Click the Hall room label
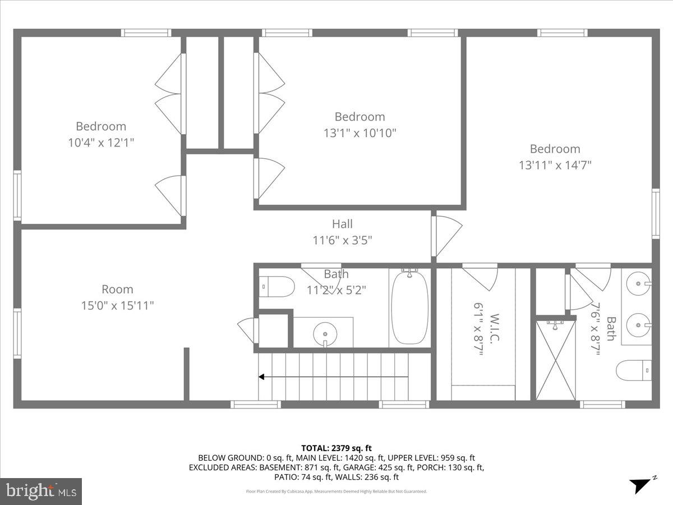click(342, 224)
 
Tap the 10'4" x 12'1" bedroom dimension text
click(101, 143)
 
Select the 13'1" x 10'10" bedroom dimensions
click(360, 133)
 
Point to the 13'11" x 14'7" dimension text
click(555, 165)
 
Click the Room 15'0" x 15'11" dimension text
click(117, 306)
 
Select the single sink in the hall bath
click(324, 334)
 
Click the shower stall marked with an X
click(555, 359)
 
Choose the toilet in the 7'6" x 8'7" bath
click(634, 370)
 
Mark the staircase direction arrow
click(333, 378)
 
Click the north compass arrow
click(639, 485)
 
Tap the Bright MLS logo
click(41, 491)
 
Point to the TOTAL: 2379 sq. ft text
click(336, 448)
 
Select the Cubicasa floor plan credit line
click(336, 492)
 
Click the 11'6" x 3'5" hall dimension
click(342, 240)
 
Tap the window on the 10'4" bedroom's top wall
click(146, 33)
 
